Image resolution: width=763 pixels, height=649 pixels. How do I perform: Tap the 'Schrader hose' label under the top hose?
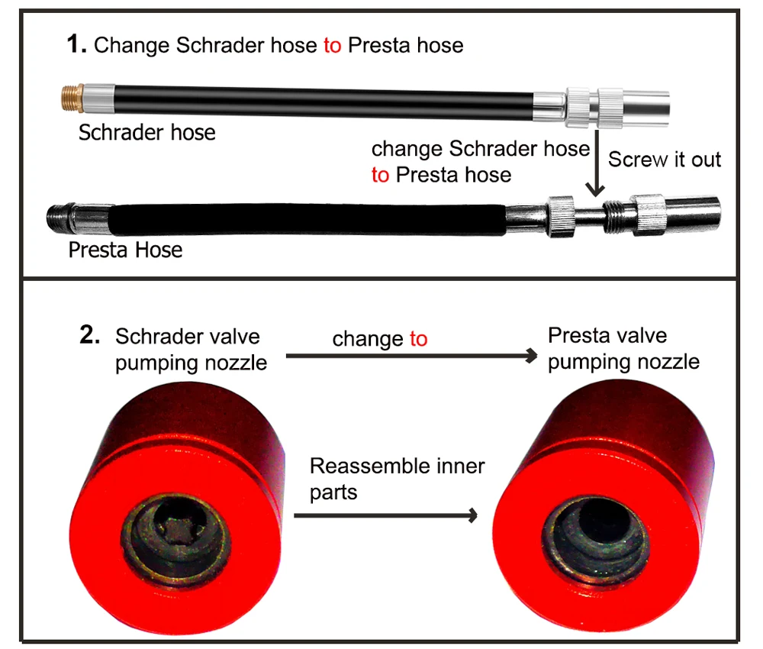pyautogui.click(x=146, y=133)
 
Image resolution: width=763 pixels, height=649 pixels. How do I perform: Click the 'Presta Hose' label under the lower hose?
pyautogui.click(x=125, y=250)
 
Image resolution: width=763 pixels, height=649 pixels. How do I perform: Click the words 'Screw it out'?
pyautogui.click(x=664, y=160)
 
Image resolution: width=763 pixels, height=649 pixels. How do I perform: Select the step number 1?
pyautogui.click(x=76, y=45)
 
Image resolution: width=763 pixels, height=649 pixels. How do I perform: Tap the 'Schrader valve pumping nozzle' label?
pyautogui.click(x=191, y=349)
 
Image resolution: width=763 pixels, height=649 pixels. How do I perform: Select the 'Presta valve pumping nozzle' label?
pyautogui.click(x=623, y=348)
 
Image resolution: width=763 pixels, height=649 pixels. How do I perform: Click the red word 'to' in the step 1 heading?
pyautogui.click(x=332, y=45)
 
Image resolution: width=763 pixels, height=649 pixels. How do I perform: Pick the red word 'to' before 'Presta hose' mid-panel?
pyautogui.click(x=380, y=175)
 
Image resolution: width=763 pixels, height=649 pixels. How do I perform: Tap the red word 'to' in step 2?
pyautogui.click(x=418, y=338)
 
